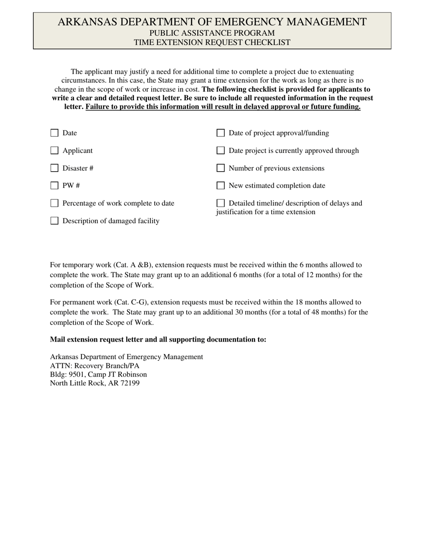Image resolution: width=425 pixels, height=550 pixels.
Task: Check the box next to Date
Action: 55,133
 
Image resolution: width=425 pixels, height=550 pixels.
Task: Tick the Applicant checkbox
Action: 55,151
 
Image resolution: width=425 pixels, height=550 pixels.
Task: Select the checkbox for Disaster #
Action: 55,168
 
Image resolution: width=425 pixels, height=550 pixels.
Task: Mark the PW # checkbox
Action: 55,186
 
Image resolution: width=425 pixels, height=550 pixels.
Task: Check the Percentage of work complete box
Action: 55,203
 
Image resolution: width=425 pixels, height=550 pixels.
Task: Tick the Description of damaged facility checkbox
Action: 55,220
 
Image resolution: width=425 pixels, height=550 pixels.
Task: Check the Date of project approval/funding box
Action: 221,133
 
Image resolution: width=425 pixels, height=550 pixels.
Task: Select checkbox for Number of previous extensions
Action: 221,168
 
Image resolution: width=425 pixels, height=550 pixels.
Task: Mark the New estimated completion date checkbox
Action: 221,186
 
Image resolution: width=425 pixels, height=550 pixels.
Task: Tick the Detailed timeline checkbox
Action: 221,203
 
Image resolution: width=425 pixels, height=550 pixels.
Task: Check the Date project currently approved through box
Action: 221,151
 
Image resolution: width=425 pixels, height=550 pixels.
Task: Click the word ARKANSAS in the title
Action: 85,22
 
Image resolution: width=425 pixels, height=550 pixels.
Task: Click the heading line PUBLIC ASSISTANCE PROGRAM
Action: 212,33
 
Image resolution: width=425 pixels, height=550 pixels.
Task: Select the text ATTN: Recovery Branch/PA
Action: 94,365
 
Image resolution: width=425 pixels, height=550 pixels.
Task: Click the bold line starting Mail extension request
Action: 158,339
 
